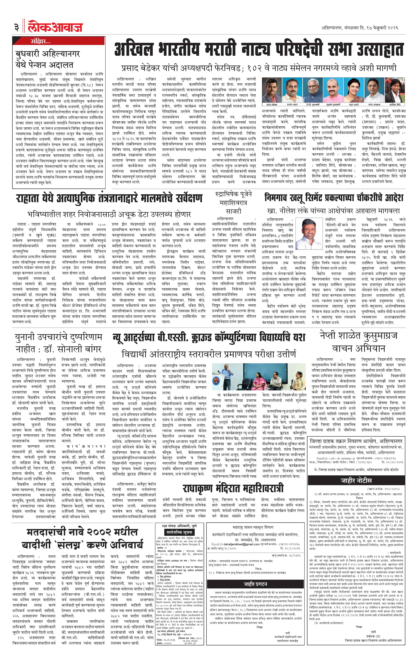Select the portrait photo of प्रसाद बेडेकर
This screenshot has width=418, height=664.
272,90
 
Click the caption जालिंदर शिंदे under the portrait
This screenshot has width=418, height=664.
395,105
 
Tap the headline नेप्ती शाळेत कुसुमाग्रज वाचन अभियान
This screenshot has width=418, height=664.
359,342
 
